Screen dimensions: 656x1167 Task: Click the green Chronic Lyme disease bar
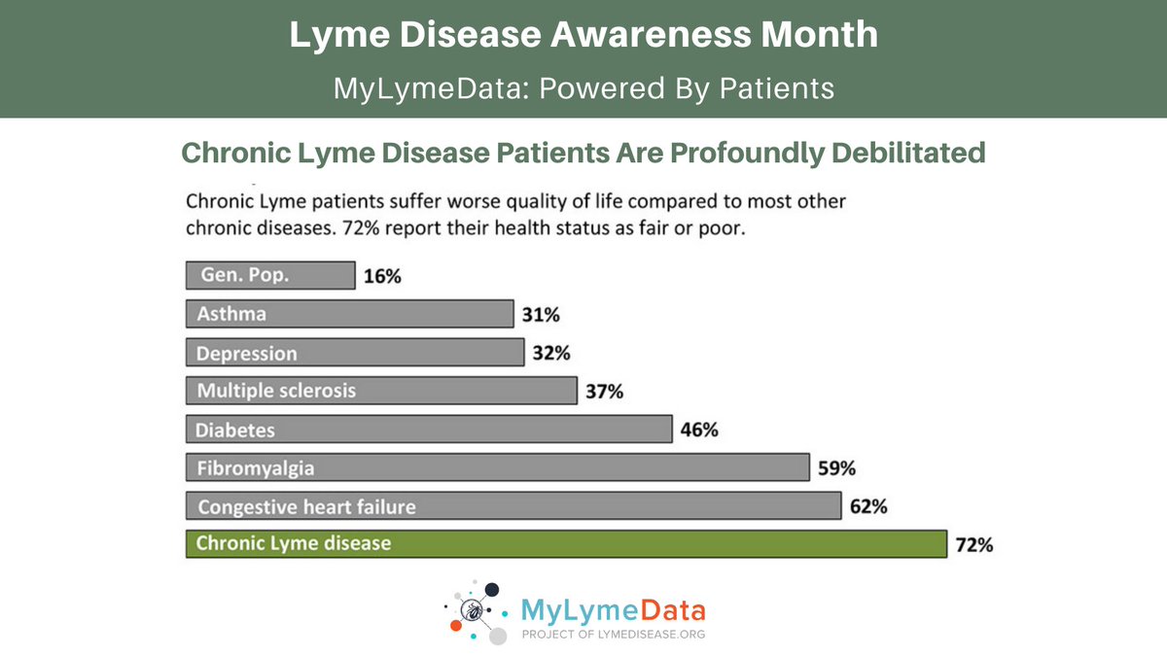pyautogui.click(x=566, y=543)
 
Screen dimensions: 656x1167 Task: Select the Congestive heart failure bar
pyautogui.click(x=513, y=506)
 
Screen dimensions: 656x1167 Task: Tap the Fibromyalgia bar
pyautogui.click(x=497, y=467)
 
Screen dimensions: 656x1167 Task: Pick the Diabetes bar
pyautogui.click(x=429, y=429)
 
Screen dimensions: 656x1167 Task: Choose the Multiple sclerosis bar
pyautogui.click(x=381, y=391)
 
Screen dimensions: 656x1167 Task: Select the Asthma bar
pyautogui.click(x=349, y=314)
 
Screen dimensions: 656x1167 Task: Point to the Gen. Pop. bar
pyautogui.click(x=270, y=275)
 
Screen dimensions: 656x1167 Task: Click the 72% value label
pyautogui.click(x=973, y=545)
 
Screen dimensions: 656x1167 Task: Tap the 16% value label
pyautogui.click(x=382, y=276)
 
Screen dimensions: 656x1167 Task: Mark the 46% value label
pyautogui.click(x=699, y=430)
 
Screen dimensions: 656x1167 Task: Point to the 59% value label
pyautogui.click(x=836, y=468)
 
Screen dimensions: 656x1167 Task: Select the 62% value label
pyautogui.click(x=867, y=506)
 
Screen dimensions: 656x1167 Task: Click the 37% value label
pyautogui.click(x=604, y=392)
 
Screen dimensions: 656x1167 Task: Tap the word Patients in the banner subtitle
pyautogui.click(x=777, y=88)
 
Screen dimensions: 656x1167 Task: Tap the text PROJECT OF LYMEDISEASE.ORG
pyautogui.click(x=614, y=634)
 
